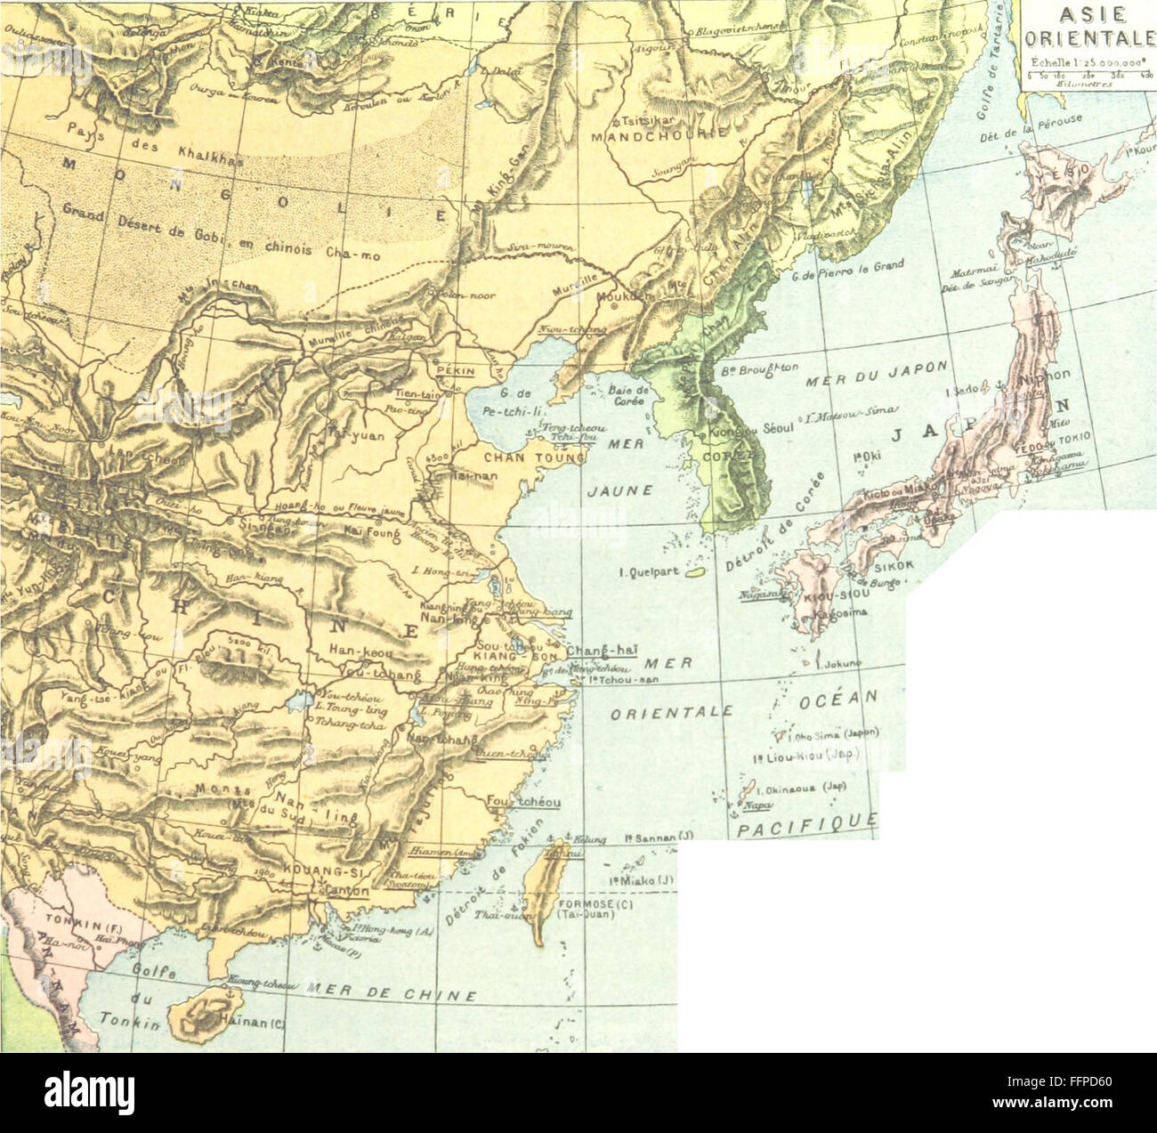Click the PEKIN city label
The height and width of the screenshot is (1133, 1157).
pos(457,372)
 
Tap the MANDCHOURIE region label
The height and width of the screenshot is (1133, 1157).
pos(659,135)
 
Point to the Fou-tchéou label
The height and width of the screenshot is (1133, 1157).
pos(523,802)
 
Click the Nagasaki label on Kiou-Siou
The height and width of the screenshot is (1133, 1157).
pos(760,595)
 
